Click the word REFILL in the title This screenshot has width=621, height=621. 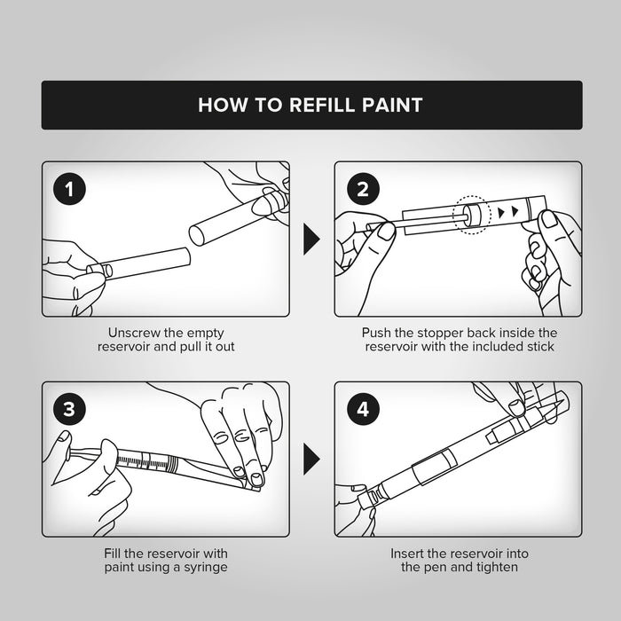321,105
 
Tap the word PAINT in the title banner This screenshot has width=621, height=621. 392,105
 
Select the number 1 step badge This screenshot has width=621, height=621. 70,188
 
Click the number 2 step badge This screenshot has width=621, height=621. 363,188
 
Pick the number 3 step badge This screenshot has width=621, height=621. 70,409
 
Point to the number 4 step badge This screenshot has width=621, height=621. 363,409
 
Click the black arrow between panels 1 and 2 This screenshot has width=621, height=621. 311,240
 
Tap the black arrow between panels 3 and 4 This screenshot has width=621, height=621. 311,459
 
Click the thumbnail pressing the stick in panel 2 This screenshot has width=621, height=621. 387,232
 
